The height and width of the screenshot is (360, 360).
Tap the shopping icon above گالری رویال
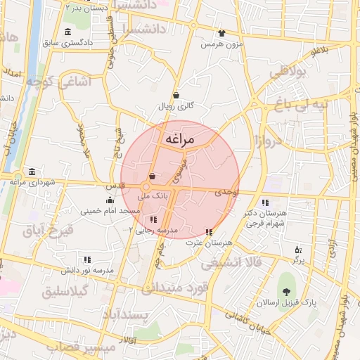tap(175, 96)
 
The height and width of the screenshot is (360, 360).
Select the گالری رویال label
tap(175, 107)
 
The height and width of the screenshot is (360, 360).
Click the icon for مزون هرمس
tap(222, 33)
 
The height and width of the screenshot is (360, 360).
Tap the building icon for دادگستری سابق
tap(67, 32)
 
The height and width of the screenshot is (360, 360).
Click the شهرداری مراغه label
tap(32, 182)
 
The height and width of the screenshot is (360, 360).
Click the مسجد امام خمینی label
tap(110, 210)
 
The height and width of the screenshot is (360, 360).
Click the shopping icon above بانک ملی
tap(152, 176)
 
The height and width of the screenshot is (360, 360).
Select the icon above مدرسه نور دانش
tap(87, 259)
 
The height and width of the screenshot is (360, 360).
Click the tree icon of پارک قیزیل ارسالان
tap(286, 292)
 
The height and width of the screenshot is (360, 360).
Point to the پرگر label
tap(299, 260)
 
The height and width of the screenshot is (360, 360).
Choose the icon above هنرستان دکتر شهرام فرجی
tap(264, 202)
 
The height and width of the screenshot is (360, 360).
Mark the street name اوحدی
tap(227, 191)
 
